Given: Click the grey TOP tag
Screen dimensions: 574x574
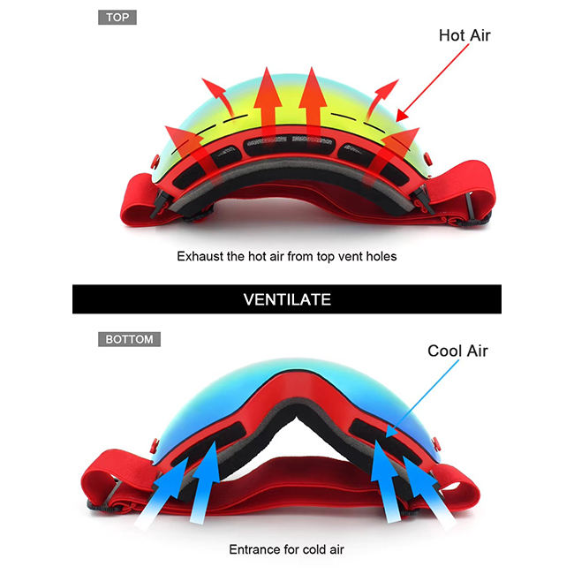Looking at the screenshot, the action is point(117,17).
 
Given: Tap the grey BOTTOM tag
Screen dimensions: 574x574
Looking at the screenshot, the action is point(129,339).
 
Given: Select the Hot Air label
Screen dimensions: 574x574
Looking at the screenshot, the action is point(464,35).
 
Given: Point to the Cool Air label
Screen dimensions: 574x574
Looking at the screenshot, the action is point(457,351).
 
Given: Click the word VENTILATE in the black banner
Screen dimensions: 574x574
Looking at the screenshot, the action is point(287,299).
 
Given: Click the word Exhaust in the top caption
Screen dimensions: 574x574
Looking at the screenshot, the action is point(200,256).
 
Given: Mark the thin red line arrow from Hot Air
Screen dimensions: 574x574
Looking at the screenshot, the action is point(432,83).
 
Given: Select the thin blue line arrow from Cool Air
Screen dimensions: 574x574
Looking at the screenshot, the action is point(422,398).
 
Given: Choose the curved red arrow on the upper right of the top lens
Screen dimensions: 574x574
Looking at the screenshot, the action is point(381,97).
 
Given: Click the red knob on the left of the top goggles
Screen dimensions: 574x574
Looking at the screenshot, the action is point(155,162).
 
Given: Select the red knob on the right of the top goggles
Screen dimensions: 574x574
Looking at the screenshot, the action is point(427,159).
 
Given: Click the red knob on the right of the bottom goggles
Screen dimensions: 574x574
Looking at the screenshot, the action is point(435,444).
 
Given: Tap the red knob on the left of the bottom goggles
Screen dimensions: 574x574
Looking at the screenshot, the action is point(155,446).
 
